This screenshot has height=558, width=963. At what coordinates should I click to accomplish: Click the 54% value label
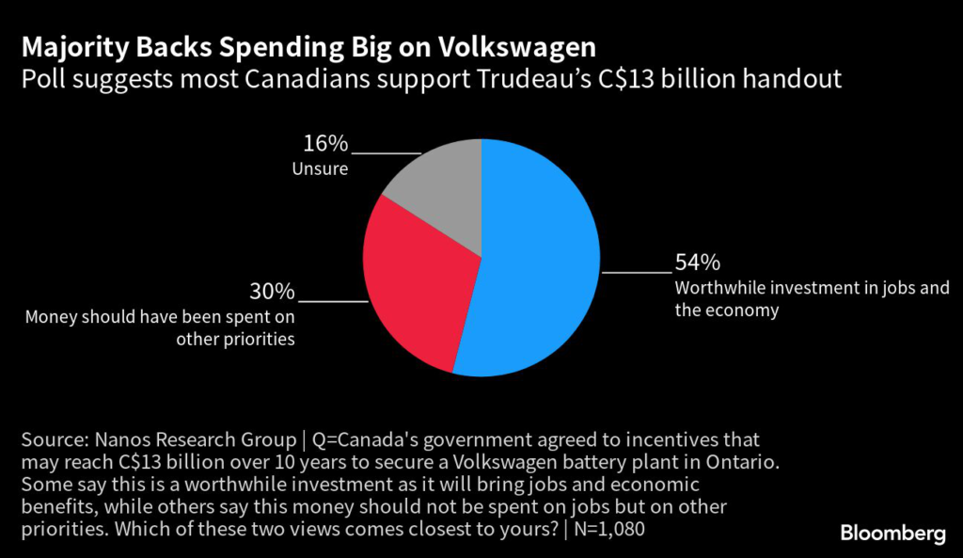697,263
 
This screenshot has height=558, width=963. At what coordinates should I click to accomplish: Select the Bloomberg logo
892,534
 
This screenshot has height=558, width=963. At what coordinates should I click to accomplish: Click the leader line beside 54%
637,272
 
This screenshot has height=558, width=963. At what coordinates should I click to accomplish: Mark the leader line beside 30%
333,300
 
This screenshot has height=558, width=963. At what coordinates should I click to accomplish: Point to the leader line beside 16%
386,152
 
